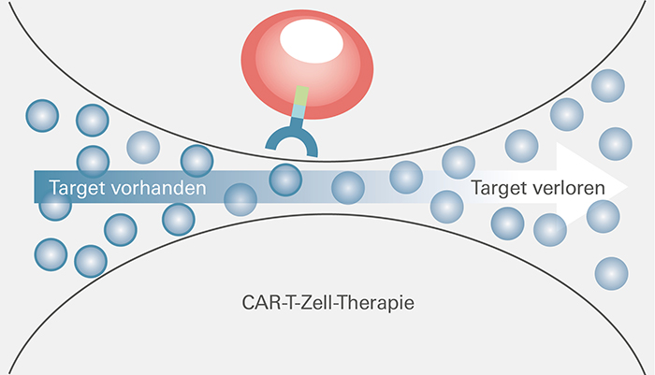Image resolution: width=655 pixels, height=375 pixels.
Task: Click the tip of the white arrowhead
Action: [628, 185]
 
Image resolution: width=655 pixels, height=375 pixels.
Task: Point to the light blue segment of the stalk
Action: [298, 113]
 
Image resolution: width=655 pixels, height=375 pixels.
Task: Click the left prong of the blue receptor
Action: [272, 141]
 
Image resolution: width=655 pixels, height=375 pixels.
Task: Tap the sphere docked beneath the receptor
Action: [286, 178]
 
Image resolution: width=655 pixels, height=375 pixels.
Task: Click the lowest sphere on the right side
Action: [611, 272]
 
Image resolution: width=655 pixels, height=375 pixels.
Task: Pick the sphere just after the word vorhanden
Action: [240, 198]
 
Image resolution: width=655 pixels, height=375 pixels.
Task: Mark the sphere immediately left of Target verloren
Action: [446, 204]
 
